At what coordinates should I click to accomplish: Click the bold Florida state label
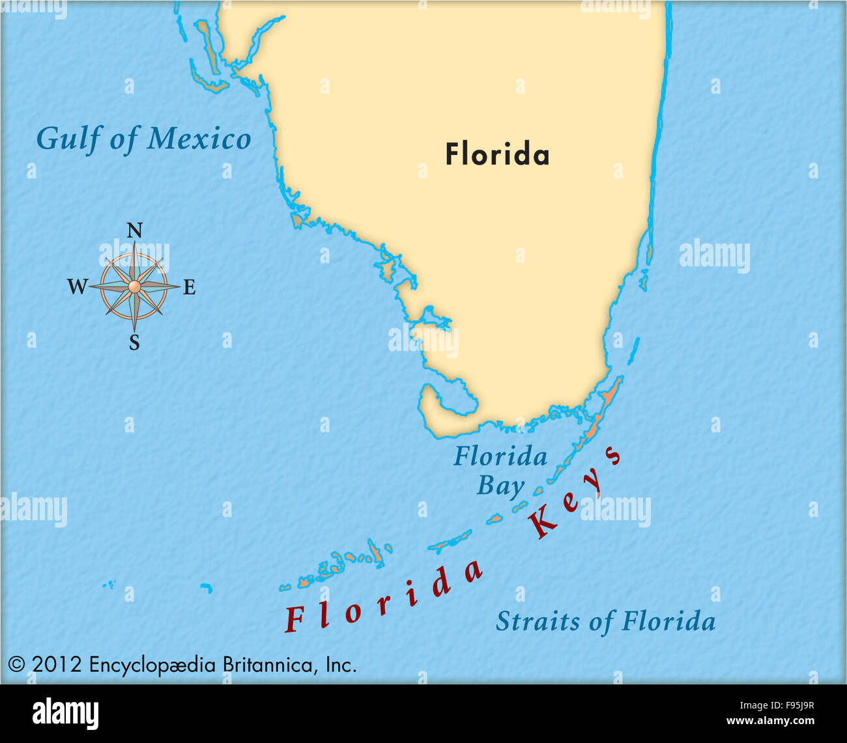tap(497, 155)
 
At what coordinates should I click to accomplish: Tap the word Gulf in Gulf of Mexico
tap(67, 139)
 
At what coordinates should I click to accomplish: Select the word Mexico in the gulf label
tap(199, 139)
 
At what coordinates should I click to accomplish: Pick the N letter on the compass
tap(134, 231)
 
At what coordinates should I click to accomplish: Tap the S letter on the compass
tap(134, 343)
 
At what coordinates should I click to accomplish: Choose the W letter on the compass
tap(77, 287)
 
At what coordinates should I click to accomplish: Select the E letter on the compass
tap(189, 287)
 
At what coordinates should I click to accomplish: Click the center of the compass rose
tap(134, 287)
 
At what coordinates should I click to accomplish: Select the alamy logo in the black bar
tap(65, 714)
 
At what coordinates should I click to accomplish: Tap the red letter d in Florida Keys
tap(441, 582)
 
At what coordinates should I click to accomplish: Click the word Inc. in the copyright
tap(341, 665)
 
